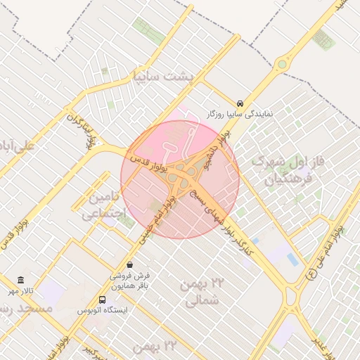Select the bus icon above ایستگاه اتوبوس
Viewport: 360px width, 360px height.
tap(103, 300)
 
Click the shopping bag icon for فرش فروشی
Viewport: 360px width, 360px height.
tap(129, 265)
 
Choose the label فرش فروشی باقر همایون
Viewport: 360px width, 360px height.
tap(129, 281)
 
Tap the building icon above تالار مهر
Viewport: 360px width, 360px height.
tap(21, 280)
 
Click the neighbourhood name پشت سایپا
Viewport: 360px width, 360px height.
tap(166, 75)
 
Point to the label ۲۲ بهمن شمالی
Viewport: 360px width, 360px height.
tap(202, 292)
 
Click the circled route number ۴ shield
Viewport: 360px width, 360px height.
tap(311, 274)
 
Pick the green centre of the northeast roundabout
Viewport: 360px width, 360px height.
tap(282, 65)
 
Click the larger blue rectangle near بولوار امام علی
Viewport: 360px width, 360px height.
tap(292, 259)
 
